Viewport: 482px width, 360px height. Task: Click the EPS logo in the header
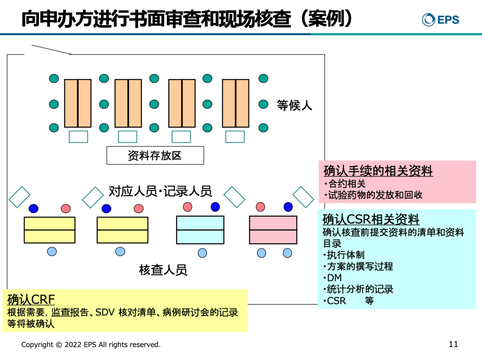(440, 19)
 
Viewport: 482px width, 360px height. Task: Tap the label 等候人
(295, 105)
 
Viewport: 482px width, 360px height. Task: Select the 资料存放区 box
(155, 155)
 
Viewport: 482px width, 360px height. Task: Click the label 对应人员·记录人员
(160, 191)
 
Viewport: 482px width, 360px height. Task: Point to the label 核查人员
(163, 269)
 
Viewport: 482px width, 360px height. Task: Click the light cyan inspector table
(200, 230)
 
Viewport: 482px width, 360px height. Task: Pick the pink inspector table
(273, 230)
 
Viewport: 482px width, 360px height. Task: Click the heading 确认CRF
(31, 299)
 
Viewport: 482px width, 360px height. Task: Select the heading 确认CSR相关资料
(371, 219)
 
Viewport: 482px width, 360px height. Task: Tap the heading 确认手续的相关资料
(378, 171)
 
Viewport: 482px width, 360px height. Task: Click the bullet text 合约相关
(347, 183)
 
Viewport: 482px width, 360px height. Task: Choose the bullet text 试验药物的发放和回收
(375, 195)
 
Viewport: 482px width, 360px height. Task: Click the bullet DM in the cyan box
(334, 278)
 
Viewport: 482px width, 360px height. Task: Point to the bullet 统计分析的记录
(360, 289)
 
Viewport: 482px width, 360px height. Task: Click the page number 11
(453, 344)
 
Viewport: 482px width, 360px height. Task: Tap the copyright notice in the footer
(91, 344)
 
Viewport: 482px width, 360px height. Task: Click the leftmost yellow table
(49, 230)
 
